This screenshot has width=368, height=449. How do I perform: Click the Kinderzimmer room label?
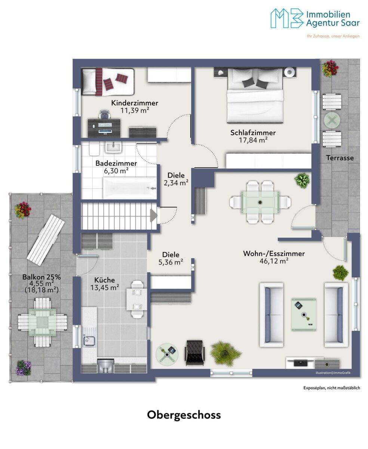coord(135,103)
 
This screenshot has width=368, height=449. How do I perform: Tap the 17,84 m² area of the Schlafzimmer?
coord(253,140)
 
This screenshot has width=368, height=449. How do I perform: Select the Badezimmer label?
coord(116,163)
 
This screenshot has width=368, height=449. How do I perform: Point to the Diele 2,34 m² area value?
coord(176,183)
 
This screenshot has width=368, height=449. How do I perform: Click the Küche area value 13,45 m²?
coord(104,287)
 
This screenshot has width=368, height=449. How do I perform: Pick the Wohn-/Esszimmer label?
coord(274,254)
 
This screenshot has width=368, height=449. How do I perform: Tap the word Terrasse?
coord(340,158)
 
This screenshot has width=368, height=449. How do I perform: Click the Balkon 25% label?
coord(42,277)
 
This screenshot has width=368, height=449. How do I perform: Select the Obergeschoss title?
coord(184,415)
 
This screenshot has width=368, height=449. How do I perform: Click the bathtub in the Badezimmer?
coord(130,188)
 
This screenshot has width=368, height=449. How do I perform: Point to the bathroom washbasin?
coord(113,147)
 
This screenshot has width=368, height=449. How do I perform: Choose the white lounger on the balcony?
coord(46,240)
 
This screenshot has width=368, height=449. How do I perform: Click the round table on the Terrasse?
coord(332,121)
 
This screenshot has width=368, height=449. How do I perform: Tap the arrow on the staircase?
coord(154,216)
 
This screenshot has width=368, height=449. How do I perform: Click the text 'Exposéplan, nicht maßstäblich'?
coord(332,388)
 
